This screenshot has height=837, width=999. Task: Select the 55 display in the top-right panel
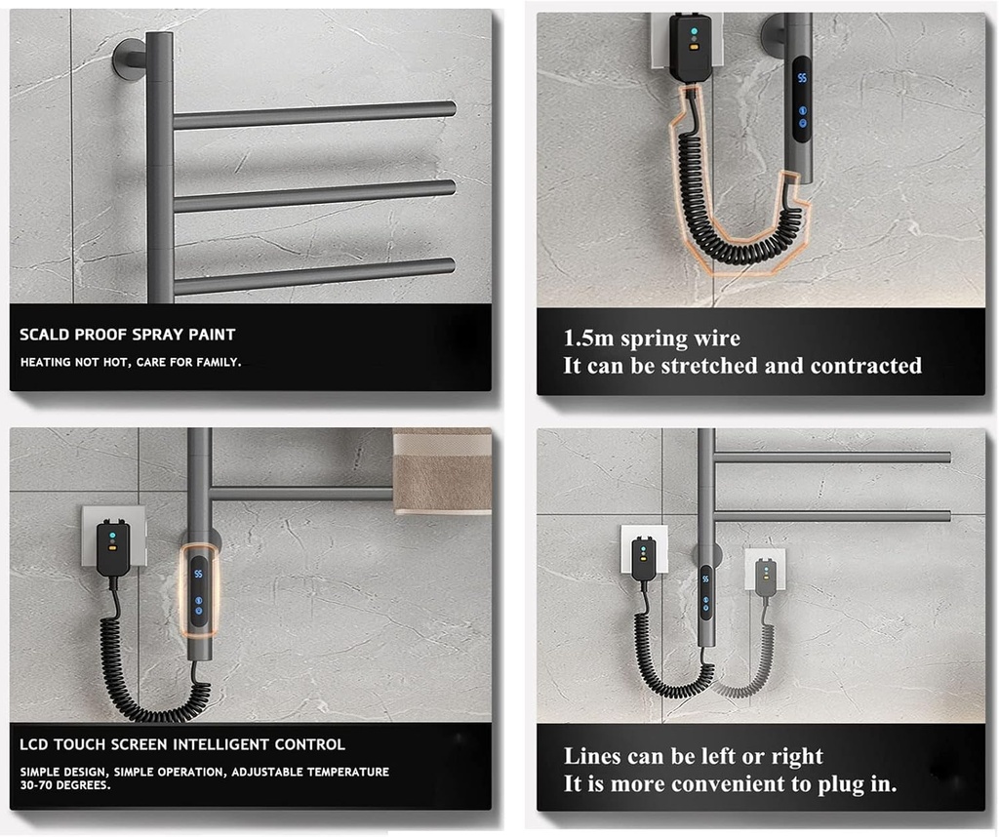pyautogui.click(x=801, y=77)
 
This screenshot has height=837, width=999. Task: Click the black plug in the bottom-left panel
pyautogui.click(x=113, y=547)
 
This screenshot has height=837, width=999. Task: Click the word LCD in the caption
pyautogui.click(x=35, y=744)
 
